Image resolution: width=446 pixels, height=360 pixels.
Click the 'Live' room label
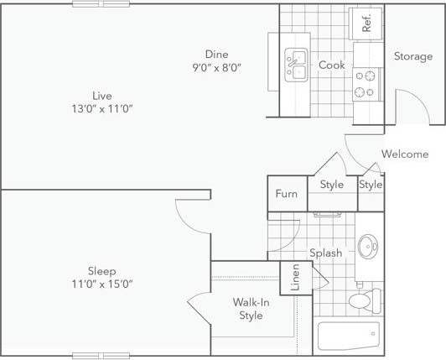click(x=103, y=96)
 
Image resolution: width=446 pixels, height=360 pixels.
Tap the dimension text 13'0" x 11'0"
click(x=103, y=109)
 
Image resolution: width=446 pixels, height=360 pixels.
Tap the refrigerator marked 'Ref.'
click(x=366, y=23)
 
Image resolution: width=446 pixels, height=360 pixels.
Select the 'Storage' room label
click(x=413, y=56)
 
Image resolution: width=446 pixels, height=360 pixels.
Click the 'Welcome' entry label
click(x=405, y=154)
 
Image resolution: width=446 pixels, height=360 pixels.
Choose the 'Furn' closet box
click(x=287, y=194)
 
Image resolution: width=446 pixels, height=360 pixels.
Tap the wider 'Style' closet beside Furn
click(x=331, y=185)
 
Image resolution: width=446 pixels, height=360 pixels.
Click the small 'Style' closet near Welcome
click(x=371, y=185)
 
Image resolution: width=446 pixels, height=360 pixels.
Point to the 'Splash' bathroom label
click(x=324, y=253)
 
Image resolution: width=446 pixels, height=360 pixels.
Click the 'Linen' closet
click(x=296, y=278)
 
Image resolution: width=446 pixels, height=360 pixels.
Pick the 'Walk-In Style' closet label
click(x=251, y=309)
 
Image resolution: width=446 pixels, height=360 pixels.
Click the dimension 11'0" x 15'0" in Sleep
click(x=103, y=284)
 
